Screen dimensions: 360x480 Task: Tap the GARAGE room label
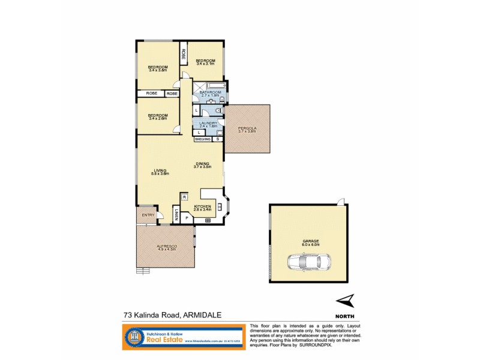[311, 241]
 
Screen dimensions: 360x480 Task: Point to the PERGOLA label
[247, 128]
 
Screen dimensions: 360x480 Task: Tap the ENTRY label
[148, 215]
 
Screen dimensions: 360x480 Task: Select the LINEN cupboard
[176, 215]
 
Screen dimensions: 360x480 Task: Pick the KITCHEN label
[203, 206]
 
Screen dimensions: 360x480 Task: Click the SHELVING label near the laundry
[202, 139]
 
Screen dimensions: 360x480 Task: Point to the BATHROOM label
[211, 92]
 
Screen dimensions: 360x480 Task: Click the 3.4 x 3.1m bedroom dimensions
[205, 64]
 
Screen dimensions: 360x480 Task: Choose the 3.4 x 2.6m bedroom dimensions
[158, 118]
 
